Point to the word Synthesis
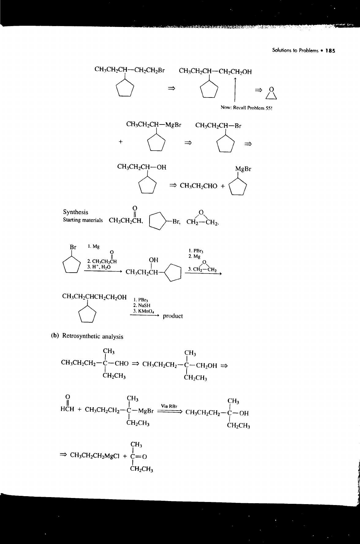tap(75, 212)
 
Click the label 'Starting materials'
tap(82, 220)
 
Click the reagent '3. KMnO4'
tap(143, 311)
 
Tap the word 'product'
tap(173, 316)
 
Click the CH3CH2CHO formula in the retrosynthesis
tap(199, 186)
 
